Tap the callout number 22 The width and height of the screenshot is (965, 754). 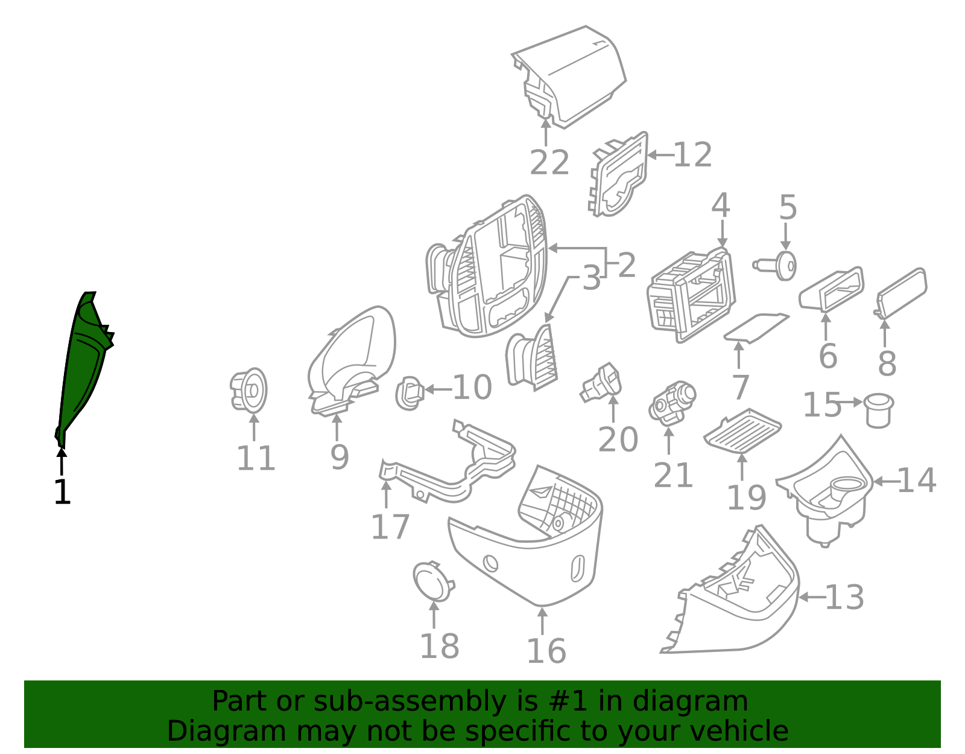pos(549,162)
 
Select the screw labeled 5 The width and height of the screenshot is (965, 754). pos(775,266)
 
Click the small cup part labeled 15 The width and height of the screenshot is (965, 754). pos(878,410)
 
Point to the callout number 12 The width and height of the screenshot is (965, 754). pos(693,155)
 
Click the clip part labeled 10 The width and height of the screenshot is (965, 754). pos(410,393)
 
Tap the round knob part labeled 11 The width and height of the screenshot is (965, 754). pos(248,390)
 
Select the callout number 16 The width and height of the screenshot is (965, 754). pos(546,651)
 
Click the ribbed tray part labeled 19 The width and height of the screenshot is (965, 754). pos(743,432)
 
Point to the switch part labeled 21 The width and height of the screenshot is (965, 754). pos(672,403)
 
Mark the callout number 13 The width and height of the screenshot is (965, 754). pos(844,597)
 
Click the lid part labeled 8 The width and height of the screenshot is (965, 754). pos(902,293)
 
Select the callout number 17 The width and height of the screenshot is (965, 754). pos(390,527)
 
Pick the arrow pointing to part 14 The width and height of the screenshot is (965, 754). pos(885,481)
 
